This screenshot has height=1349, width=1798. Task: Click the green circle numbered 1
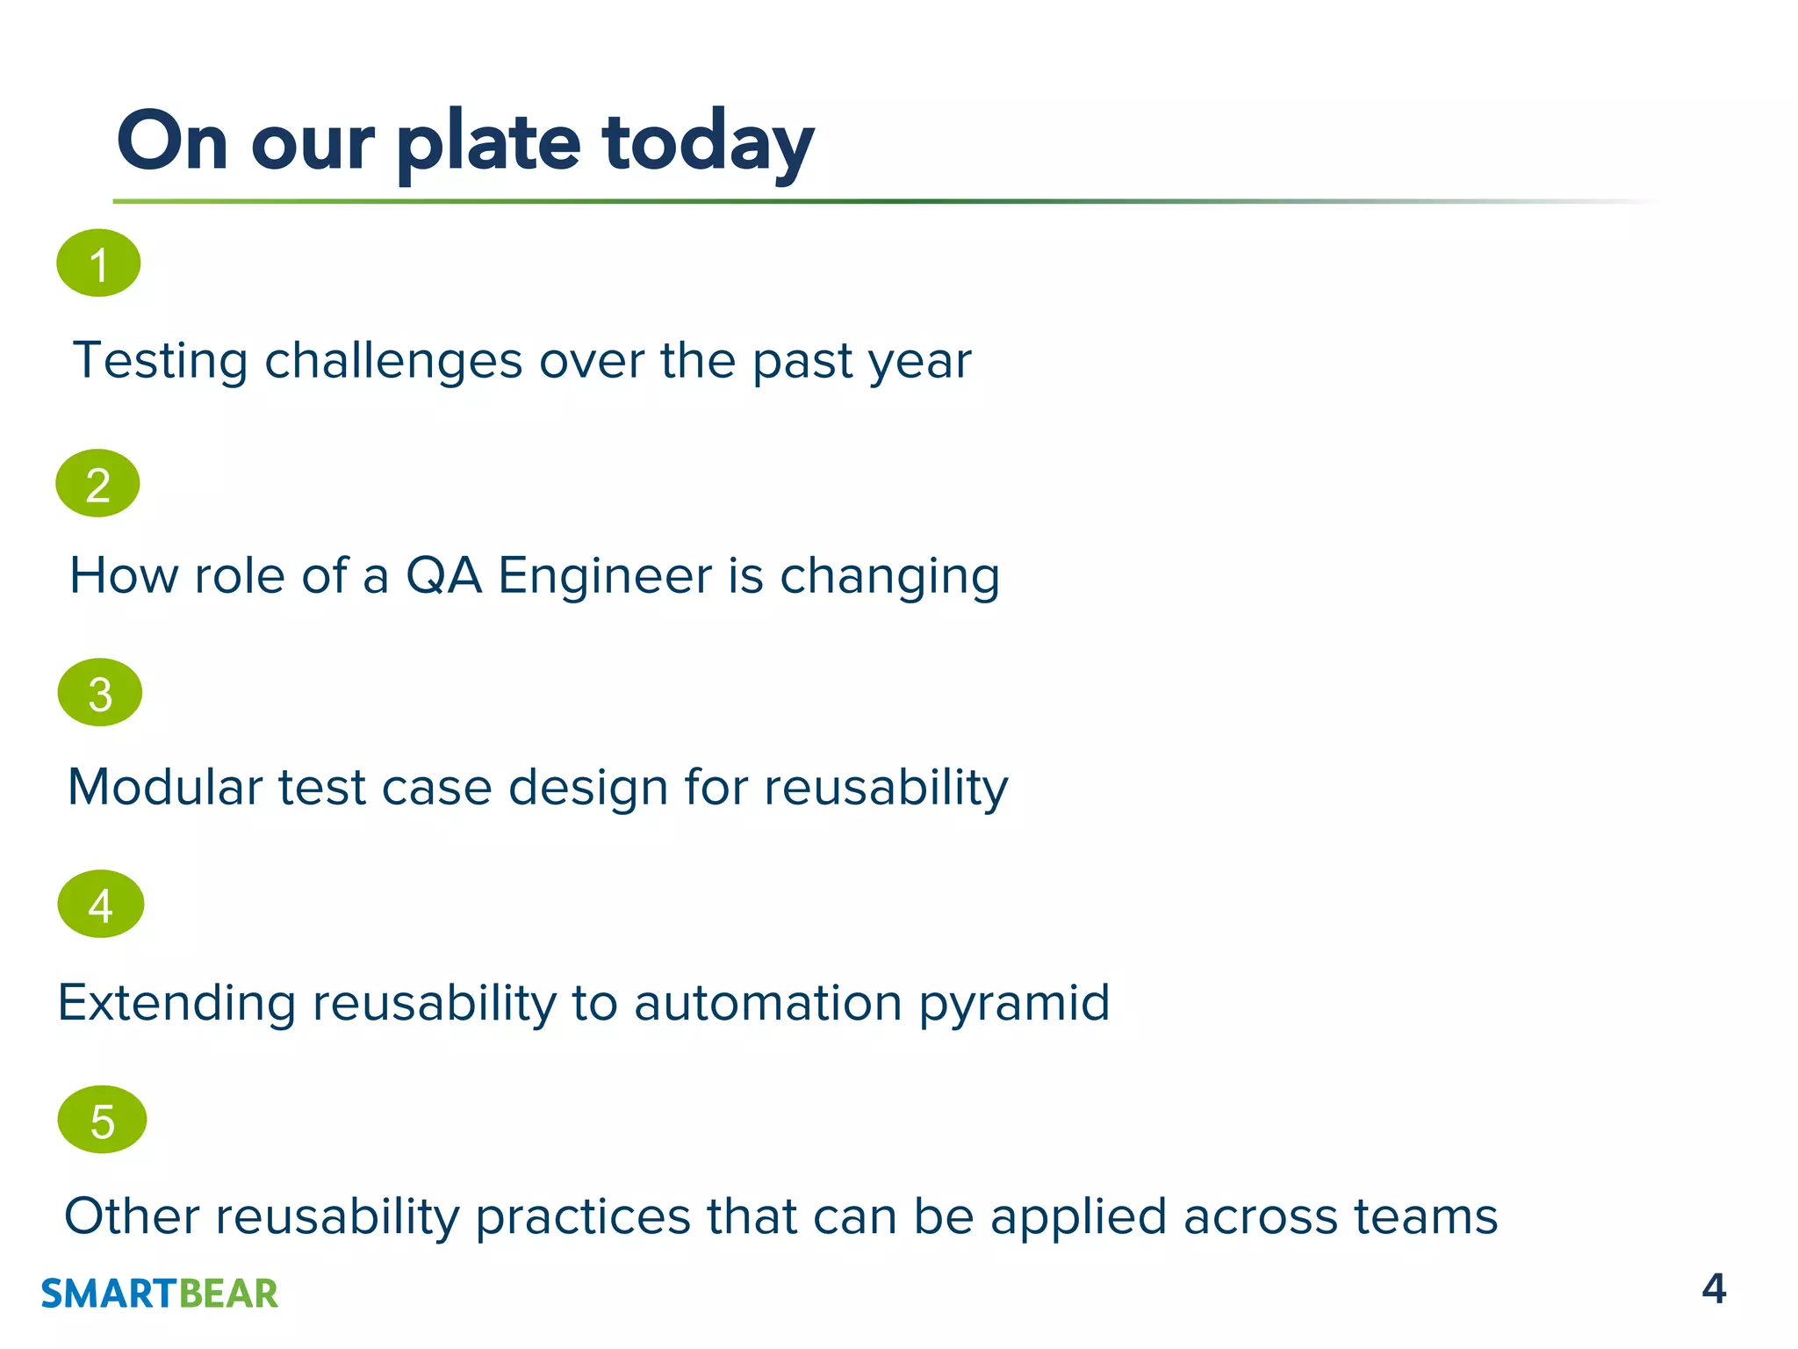pos(98,263)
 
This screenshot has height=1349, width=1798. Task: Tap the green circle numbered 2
pos(97,483)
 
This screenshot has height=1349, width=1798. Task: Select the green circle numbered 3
pos(100,692)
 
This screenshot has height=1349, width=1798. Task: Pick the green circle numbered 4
pos(100,904)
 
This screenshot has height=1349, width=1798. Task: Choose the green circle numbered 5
pos(102,1119)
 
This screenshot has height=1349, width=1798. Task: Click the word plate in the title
pos(488,143)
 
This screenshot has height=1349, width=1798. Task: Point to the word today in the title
pos(708,143)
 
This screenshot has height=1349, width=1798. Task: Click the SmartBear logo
pos(159,1293)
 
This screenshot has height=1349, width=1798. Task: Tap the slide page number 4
pos(1713,1288)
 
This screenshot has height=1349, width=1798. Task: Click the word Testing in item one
pos(161,361)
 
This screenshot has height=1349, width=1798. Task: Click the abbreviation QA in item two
pos(443,576)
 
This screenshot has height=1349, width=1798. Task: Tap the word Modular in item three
pos(165,786)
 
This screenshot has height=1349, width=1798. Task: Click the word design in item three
pos(588,786)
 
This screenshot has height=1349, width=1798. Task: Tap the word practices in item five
pos(583,1216)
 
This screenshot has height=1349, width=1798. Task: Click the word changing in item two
pos(889,576)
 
